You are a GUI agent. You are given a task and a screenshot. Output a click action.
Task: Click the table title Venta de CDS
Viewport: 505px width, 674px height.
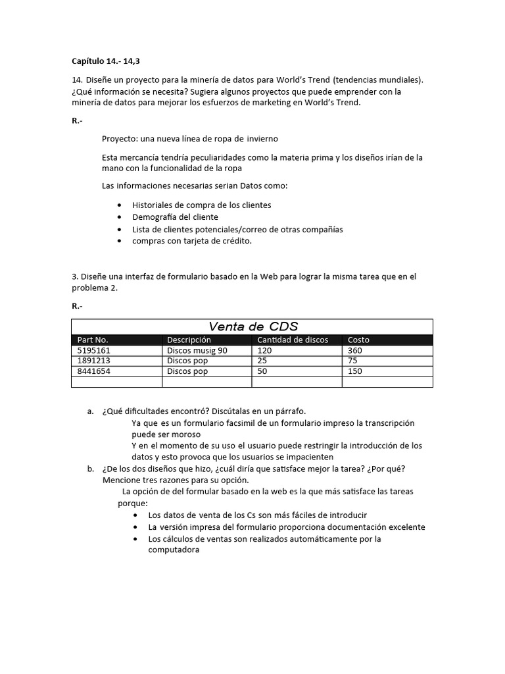(x=252, y=326)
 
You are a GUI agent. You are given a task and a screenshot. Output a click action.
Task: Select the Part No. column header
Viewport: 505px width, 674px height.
(x=93, y=340)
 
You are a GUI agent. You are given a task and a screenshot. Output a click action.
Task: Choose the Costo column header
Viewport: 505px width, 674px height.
(x=358, y=340)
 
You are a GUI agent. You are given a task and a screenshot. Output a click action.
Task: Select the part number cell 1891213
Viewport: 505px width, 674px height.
(x=94, y=361)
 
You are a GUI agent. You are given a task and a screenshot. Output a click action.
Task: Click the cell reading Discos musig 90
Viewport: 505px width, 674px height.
(x=197, y=351)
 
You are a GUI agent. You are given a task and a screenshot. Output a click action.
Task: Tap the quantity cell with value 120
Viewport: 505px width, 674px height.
(x=264, y=351)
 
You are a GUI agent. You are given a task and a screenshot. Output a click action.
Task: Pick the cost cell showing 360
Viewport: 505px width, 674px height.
(x=355, y=351)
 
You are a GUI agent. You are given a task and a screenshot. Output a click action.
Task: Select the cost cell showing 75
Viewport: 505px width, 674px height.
(x=353, y=361)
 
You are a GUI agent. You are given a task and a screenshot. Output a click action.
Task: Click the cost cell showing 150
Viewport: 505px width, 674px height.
(x=355, y=371)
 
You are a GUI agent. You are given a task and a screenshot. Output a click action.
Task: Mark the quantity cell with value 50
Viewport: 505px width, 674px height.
(x=262, y=371)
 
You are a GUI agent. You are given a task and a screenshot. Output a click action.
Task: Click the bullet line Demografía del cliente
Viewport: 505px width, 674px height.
(x=175, y=217)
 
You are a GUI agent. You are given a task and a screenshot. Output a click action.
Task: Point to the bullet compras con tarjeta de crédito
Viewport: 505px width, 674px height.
(x=192, y=241)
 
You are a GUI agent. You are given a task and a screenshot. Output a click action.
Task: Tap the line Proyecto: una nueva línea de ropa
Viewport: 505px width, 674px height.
(x=189, y=139)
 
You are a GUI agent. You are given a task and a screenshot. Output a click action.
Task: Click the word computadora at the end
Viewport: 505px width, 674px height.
(x=174, y=550)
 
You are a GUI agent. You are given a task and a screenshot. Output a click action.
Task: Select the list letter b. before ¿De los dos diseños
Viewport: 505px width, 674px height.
(x=90, y=469)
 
